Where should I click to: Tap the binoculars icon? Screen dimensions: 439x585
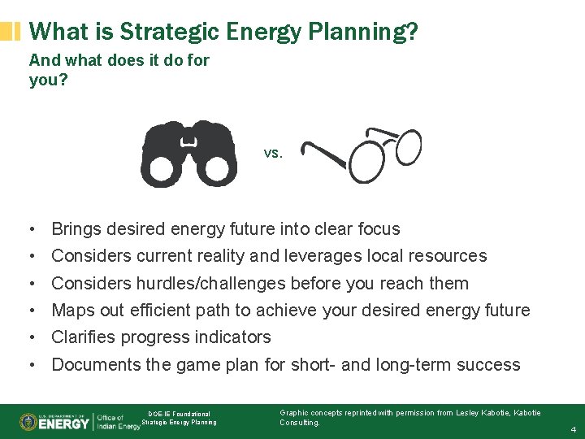tap(188, 154)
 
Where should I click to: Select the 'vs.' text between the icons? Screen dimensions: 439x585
tap(273, 153)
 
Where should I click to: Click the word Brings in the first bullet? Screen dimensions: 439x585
tap(77, 229)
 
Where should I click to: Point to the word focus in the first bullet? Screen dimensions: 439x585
tap(376, 229)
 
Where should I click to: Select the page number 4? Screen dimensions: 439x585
tap(573, 429)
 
